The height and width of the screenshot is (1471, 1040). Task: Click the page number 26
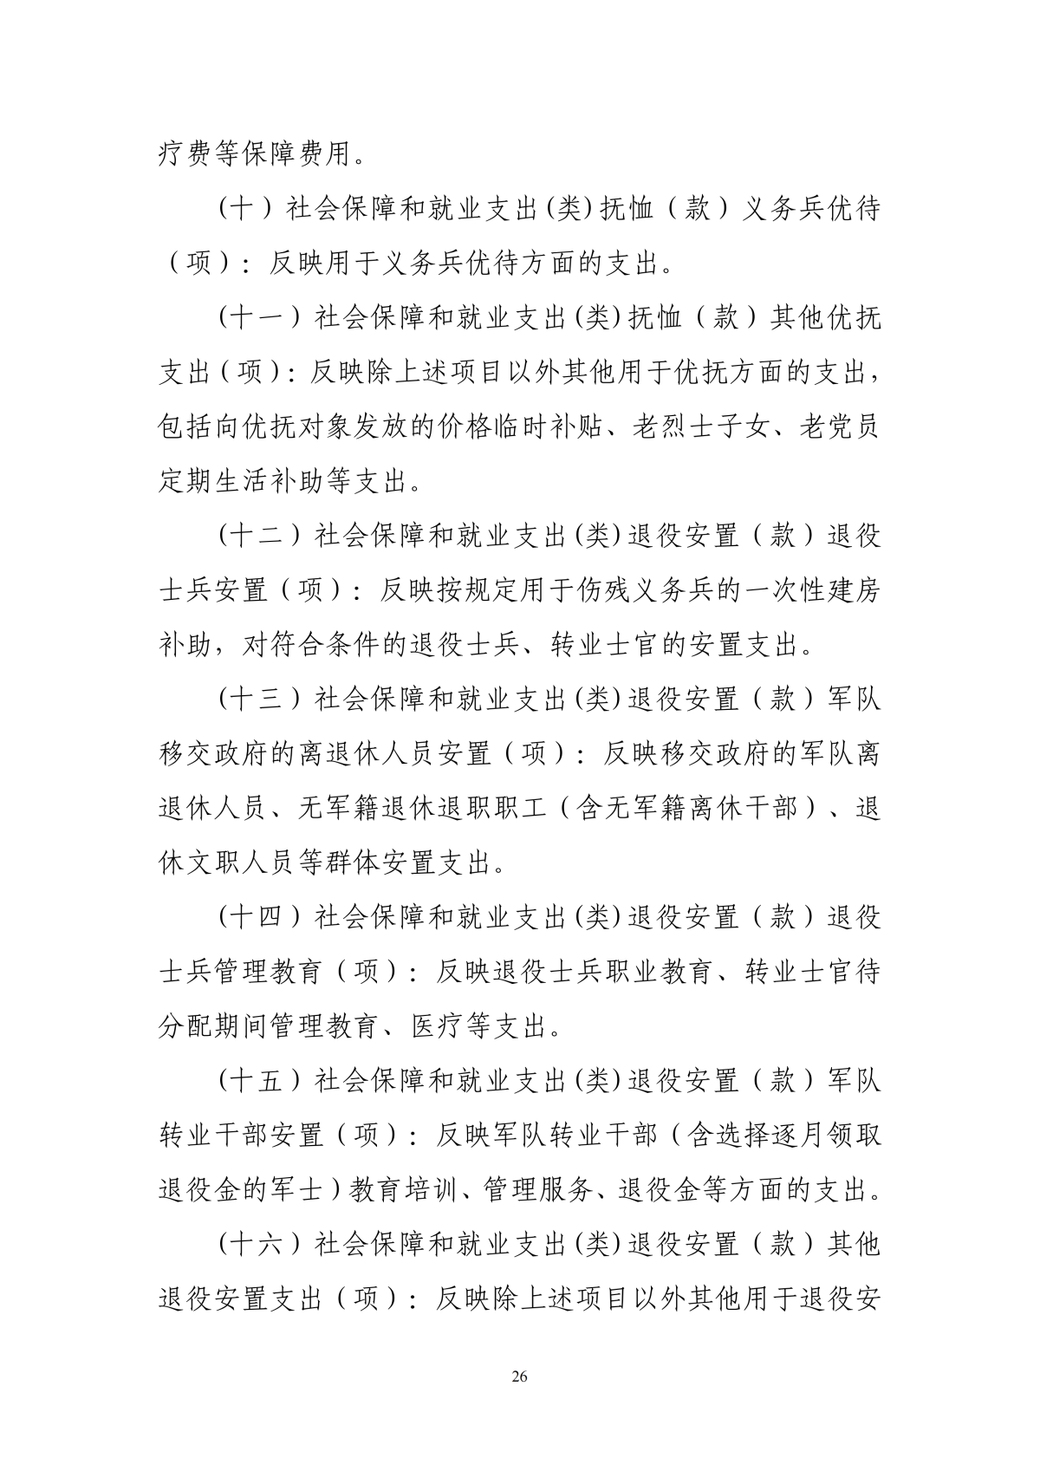tap(520, 1377)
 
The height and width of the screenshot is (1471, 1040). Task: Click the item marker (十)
tap(245, 209)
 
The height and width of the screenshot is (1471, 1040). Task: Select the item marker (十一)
tap(259, 318)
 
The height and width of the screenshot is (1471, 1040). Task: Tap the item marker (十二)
tap(259, 535)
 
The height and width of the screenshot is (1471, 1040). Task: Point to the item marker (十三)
tap(259, 699)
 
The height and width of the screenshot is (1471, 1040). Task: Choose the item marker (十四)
tap(259, 917)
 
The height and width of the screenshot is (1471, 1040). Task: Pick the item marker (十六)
tap(259, 1245)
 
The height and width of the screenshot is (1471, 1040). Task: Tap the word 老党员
tap(839, 427)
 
